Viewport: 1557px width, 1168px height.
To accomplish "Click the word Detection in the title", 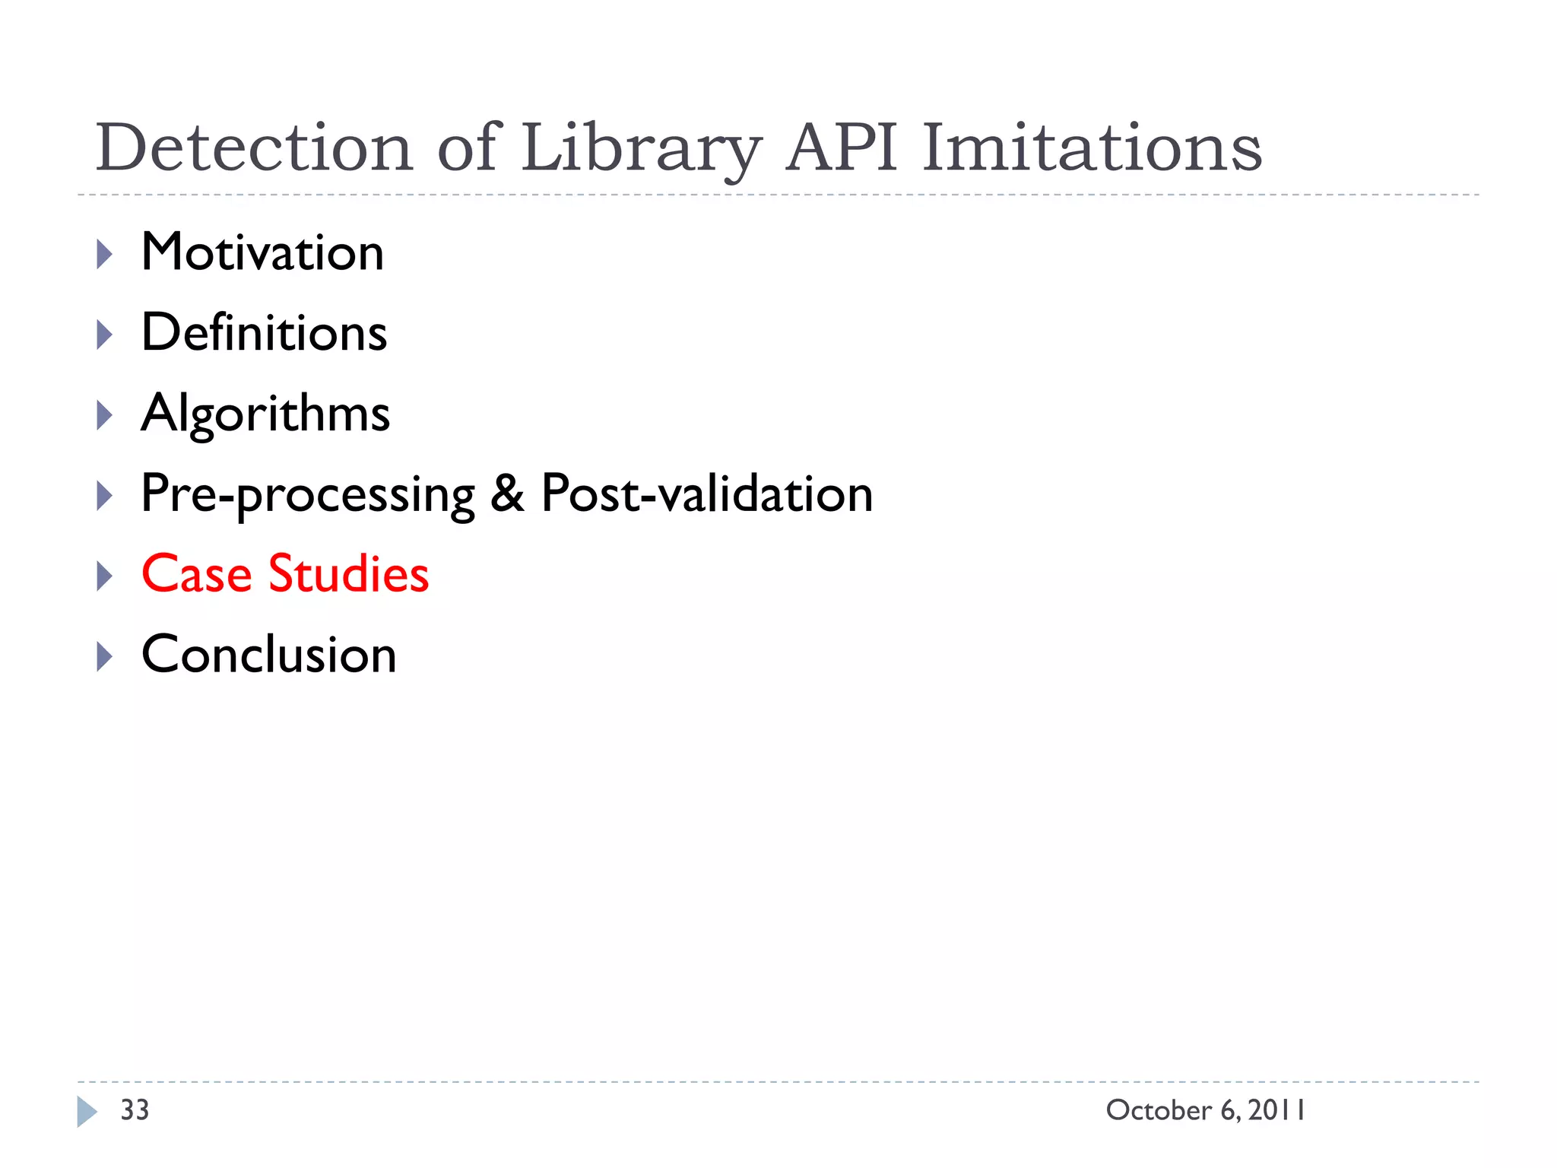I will pos(254,148).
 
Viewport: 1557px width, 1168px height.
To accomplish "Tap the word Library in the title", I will pos(640,149).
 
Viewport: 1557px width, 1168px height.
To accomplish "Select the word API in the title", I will pos(842,148).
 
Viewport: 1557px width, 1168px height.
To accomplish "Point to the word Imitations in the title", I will pos(1092,148).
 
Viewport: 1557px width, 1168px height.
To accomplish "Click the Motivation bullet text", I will pos(262,252).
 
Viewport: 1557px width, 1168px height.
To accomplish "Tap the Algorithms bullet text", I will pos(265,414).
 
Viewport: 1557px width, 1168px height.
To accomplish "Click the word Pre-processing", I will pos(308,495).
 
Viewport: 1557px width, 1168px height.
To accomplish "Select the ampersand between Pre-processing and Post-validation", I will pos(507,494).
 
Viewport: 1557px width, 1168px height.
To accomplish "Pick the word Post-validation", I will pos(707,494).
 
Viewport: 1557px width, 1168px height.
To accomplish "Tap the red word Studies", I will pos(348,574).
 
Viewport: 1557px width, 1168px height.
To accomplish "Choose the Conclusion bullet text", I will pos(268,655).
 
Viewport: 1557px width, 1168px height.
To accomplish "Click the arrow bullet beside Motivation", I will pos(105,254).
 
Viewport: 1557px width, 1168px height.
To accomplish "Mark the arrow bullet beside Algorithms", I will pos(105,415).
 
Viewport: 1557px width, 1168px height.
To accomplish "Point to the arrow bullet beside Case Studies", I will pos(105,576).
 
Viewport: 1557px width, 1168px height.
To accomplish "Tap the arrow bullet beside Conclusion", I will pos(105,657).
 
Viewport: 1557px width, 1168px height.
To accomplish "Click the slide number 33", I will pos(135,1110).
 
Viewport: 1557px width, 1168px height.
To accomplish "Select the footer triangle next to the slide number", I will pos(87,1112).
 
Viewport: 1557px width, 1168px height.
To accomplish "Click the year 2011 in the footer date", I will pos(1276,1110).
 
